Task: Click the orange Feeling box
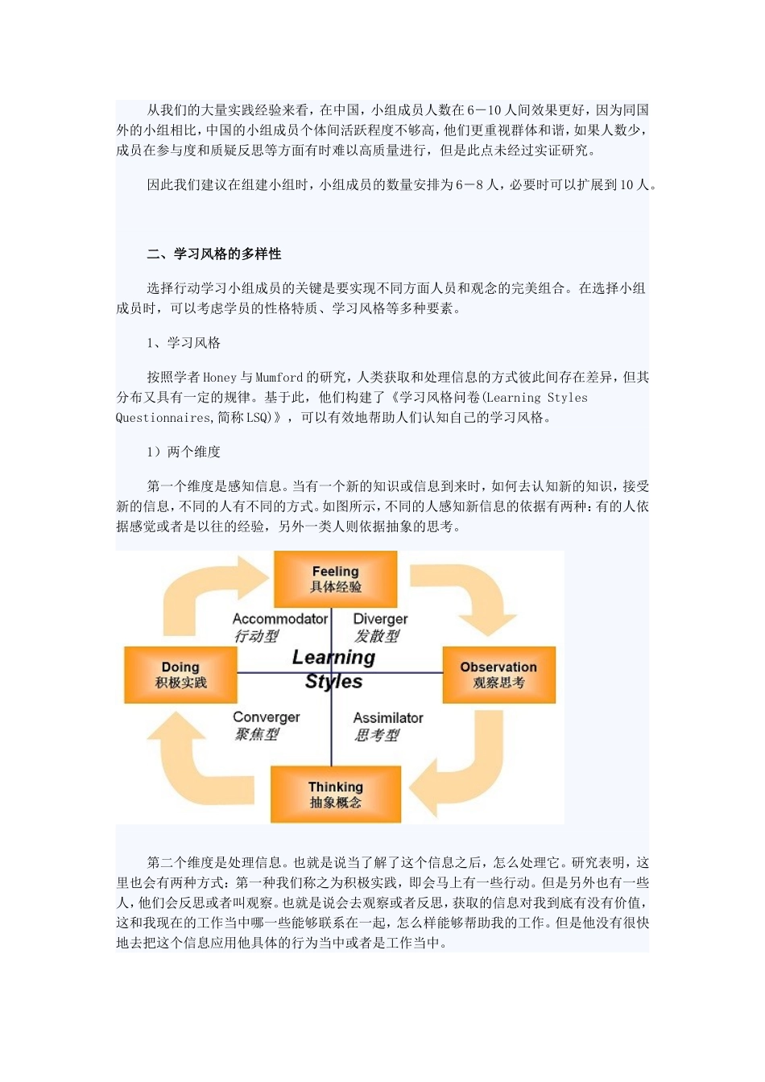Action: point(335,579)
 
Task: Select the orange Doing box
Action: point(180,675)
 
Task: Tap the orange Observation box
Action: point(498,675)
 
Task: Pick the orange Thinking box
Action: point(335,794)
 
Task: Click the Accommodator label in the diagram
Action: point(279,619)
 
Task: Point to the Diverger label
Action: point(380,619)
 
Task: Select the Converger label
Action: point(266,717)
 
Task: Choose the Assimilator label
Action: point(388,717)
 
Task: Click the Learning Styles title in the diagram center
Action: point(333,669)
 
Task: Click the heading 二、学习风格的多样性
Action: point(214,254)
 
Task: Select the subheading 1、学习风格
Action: point(184,343)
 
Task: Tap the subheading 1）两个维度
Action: point(184,452)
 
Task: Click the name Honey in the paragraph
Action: point(220,377)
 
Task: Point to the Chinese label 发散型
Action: point(377,636)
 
